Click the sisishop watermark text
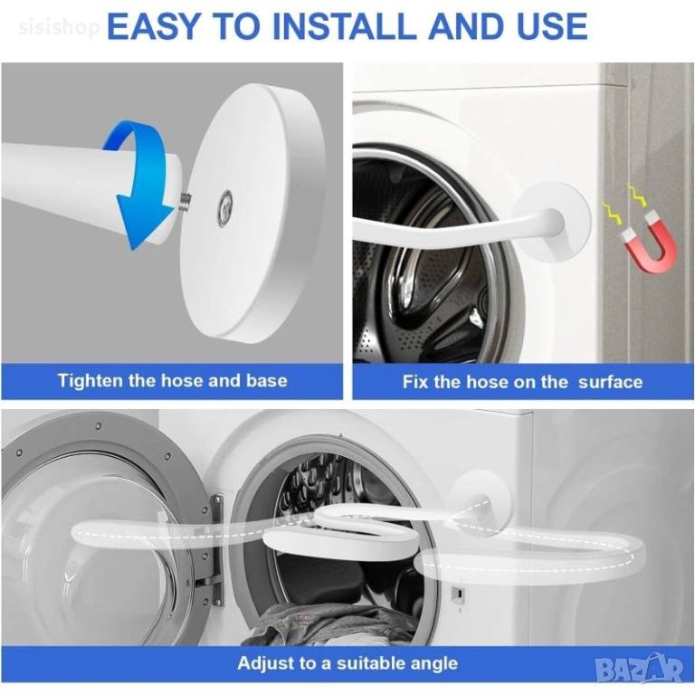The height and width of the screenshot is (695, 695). (x=60, y=27)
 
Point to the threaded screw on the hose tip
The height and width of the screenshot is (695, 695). (x=186, y=202)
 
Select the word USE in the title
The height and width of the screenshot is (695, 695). (x=552, y=26)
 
